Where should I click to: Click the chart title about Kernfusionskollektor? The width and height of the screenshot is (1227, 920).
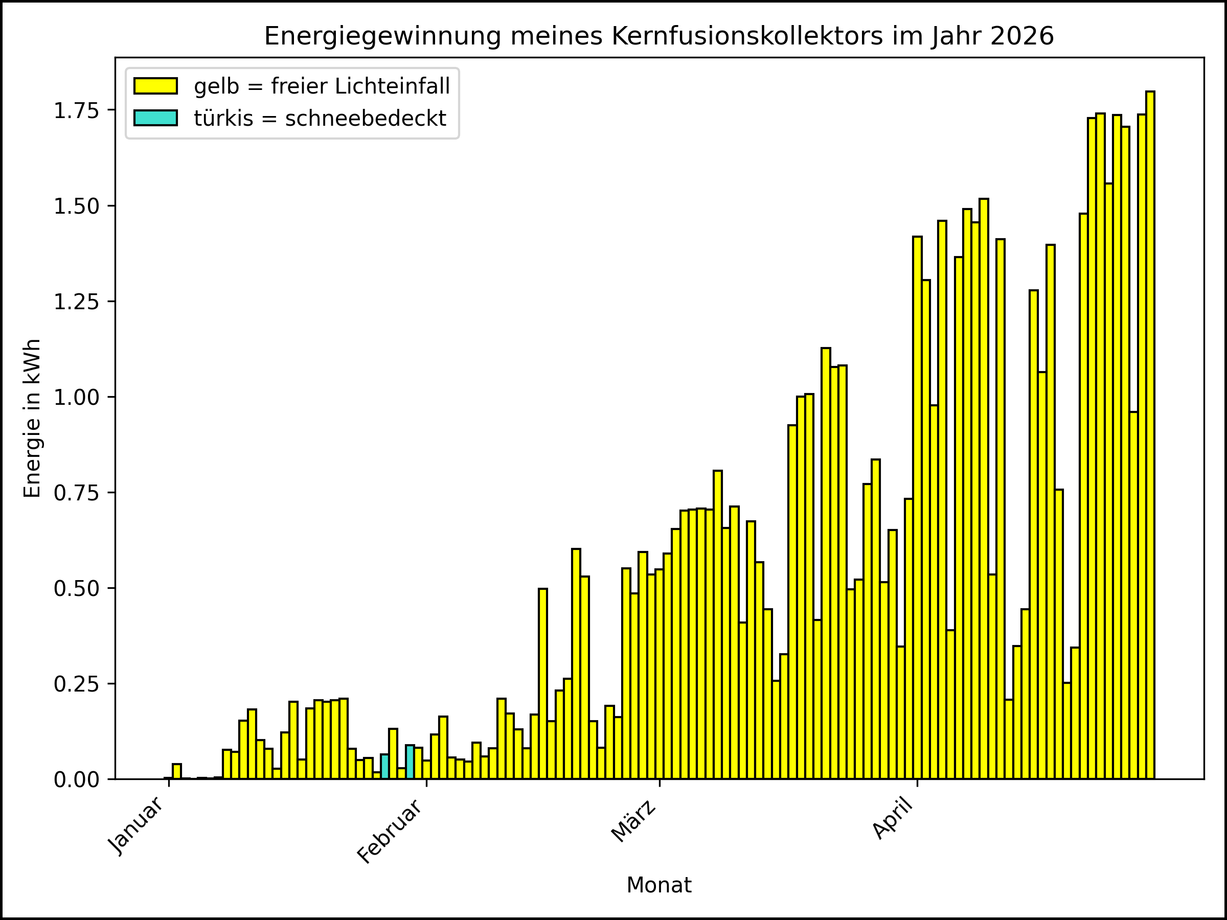click(658, 37)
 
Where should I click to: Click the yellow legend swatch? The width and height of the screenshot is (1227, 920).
click(155, 86)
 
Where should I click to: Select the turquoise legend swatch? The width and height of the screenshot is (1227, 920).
click(155, 118)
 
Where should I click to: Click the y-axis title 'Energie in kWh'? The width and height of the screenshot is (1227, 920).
click(32, 418)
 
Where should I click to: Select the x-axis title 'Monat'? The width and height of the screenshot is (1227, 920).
click(658, 885)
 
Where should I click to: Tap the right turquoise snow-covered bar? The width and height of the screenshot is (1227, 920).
click(410, 762)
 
